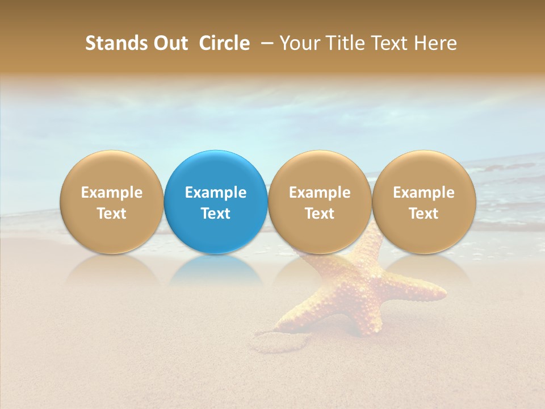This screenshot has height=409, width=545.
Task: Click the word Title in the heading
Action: tap(342, 43)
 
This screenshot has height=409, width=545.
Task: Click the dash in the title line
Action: tap(265, 43)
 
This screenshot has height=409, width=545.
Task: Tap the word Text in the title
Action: tap(388, 43)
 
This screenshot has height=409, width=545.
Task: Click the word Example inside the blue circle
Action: tap(216, 193)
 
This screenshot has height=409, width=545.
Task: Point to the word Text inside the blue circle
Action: tap(216, 214)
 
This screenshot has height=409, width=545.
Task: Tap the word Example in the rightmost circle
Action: tap(424, 193)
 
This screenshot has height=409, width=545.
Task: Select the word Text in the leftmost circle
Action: tap(112, 214)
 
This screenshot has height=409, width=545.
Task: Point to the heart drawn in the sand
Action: tap(281, 341)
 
